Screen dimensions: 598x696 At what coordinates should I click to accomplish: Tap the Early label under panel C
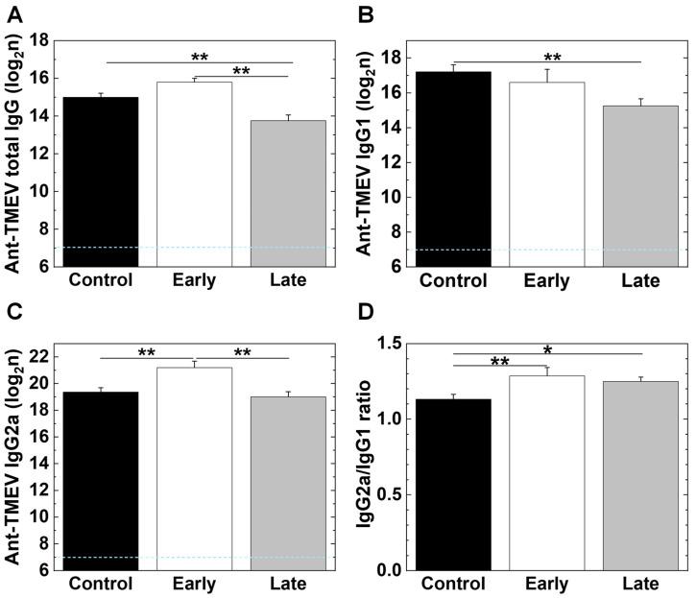click(196, 586)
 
